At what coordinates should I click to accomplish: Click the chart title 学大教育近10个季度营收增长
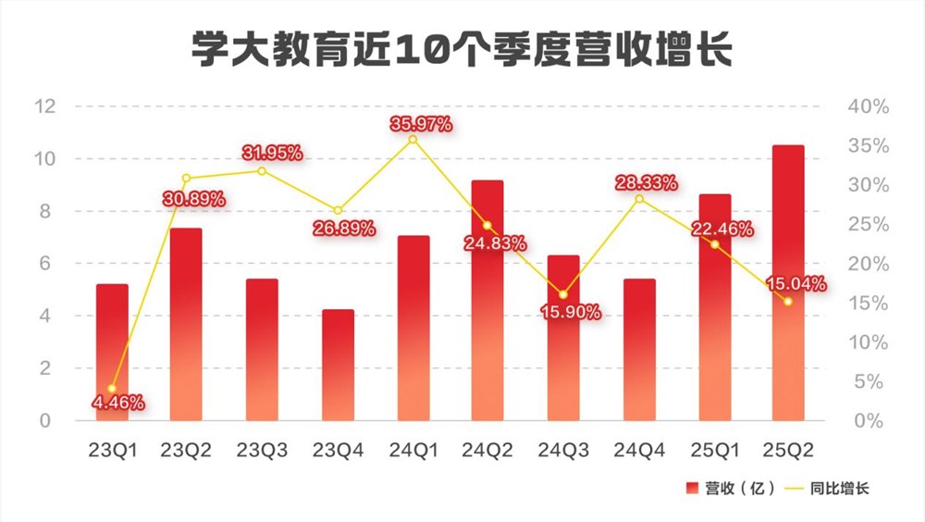tap(462, 50)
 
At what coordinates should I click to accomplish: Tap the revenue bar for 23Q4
tap(338, 365)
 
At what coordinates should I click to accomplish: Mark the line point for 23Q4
tap(338, 211)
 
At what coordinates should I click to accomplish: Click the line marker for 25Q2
tap(788, 302)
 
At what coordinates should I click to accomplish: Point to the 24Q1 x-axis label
tap(413, 450)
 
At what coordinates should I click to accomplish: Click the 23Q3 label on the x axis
tap(262, 450)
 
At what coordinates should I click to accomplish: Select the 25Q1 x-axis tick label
tap(713, 450)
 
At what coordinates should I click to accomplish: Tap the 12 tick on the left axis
tap(45, 106)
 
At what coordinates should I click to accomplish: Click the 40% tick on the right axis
tap(869, 106)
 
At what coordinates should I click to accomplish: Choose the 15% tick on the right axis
tap(869, 304)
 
